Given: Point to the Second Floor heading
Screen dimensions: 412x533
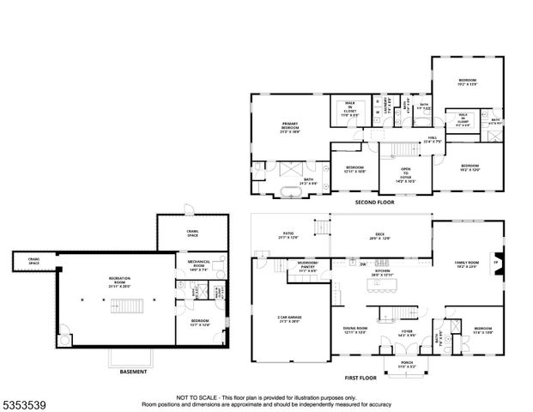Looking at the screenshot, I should point(374,203).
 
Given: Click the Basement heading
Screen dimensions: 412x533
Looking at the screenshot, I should point(132,372).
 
